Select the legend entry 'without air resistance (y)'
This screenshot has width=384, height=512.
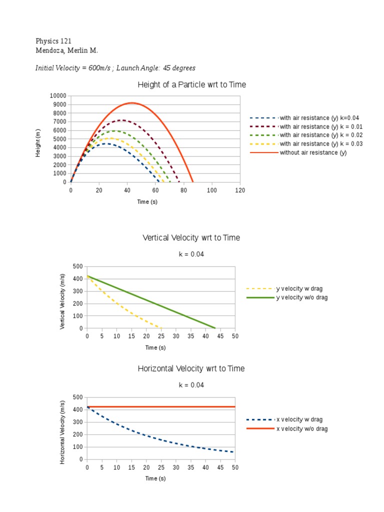click(313, 152)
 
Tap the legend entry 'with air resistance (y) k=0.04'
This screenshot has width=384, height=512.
click(319, 118)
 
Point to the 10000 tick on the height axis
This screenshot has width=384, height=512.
click(57, 95)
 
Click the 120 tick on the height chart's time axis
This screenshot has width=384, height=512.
click(240, 190)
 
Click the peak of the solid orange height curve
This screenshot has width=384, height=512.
click(132, 103)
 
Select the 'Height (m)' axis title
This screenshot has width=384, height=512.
click(38, 143)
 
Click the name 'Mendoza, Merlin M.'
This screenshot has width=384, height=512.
click(63, 50)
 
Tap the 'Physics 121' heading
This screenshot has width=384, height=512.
click(50, 40)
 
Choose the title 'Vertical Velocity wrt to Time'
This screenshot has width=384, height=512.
click(191, 238)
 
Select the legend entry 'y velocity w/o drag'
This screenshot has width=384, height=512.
click(302, 297)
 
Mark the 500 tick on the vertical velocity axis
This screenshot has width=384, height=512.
click(77, 266)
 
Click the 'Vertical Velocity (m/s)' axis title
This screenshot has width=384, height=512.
click(62, 301)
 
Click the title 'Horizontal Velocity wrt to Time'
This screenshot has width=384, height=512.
click(191, 369)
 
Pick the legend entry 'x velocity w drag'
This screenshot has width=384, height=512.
click(299, 419)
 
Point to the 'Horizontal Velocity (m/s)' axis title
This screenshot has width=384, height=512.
click(62, 432)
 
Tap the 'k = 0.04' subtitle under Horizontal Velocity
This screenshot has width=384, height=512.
click(191, 385)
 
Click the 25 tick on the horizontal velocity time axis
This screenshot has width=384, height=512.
click(161, 467)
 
